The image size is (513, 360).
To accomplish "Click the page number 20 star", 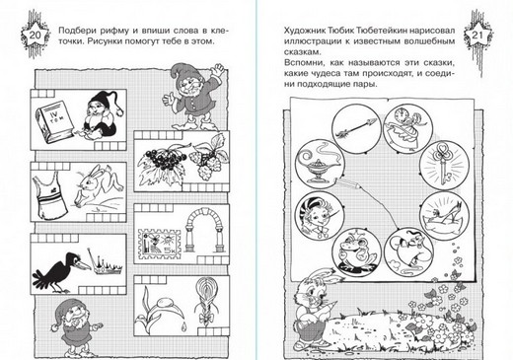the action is coord(35,35).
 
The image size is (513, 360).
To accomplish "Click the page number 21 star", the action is coord(477,35).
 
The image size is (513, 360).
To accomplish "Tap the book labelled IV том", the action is coord(54,120).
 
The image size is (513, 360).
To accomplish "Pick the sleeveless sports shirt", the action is coord(49,194).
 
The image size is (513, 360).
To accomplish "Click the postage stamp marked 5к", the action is coord(160,246).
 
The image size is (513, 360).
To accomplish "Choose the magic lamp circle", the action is coord(320,164).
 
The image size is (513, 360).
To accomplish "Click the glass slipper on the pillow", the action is coord(445,217).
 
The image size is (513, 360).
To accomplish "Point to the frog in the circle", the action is coord(357,252).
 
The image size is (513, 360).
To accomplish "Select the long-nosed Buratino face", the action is coord(319,216).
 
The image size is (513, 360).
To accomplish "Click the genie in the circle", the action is coord(408,252).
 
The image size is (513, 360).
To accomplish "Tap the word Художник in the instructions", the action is coord(305,31).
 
